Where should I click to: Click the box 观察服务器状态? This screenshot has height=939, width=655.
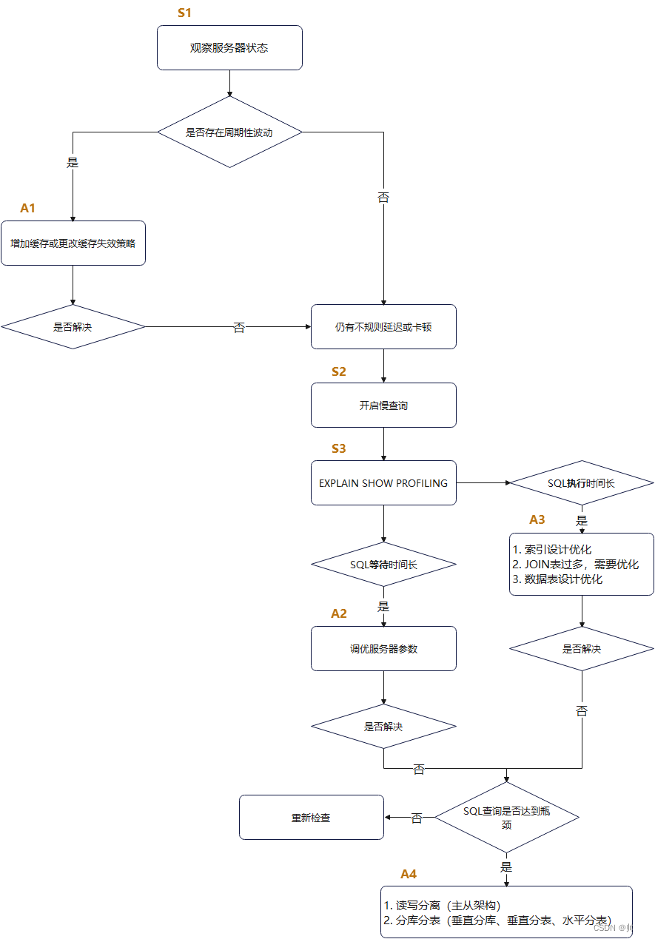pos(229,48)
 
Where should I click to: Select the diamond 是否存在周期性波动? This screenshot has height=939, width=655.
pos(229,132)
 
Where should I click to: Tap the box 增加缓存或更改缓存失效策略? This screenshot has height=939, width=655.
pos(73,243)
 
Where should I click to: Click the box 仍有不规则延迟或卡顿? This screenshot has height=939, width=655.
pos(383,327)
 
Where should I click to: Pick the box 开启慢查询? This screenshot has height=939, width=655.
pos(383,405)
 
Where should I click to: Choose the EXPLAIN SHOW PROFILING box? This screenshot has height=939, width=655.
pos(383,483)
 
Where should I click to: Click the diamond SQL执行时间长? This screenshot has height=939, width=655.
pos(581,483)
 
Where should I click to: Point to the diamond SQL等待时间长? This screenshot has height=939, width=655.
pos(383,565)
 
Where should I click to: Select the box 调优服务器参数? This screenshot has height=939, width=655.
pos(383,649)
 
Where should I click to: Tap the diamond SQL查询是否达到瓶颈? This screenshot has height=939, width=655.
pos(507,818)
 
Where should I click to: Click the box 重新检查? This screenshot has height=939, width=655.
pos(311,818)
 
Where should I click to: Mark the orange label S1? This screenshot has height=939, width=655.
pos(184,13)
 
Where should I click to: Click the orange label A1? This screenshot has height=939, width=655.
pos(27,209)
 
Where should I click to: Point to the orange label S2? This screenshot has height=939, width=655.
pos(339,371)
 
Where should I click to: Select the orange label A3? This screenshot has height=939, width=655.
pos(537,519)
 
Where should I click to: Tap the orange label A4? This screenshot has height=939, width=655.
pos(409,874)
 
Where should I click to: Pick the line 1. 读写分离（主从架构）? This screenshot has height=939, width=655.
pos(443,906)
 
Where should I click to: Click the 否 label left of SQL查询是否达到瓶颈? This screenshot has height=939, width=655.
pos(417,818)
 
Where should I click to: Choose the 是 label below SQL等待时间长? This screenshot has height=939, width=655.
pos(383,606)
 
